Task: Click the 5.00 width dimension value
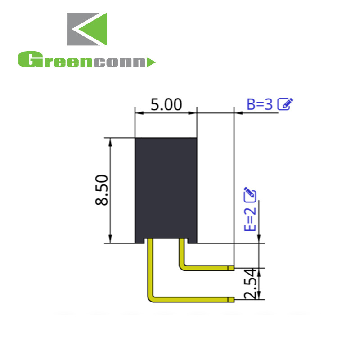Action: click(166, 105)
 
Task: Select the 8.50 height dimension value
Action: click(102, 190)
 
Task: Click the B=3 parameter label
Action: click(260, 104)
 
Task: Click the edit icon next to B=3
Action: click(285, 104)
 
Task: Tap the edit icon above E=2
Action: click(250, 194)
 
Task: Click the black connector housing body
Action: click(166, 189)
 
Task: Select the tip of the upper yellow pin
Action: click(231, 268)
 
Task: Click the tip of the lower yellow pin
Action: click(231, 299)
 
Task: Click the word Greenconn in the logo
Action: click(83, 61)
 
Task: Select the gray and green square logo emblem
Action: click(87, 29)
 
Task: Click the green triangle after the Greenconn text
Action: click(151, 62)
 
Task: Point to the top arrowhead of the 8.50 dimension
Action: click(111, 141)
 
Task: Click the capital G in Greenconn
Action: click(27, 60)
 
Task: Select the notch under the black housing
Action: click(166, 241)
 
